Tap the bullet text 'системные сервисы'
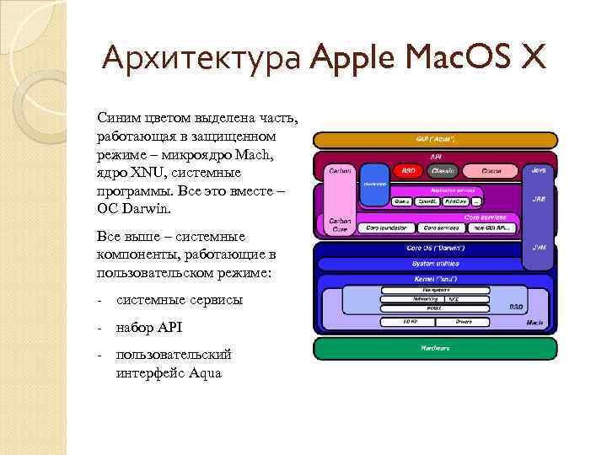(179, 300)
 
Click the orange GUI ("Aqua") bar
(435, 138)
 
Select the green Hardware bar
(435, 347)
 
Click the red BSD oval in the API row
(408, 170)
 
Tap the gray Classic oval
(443, 170)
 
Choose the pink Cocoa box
(492, 170)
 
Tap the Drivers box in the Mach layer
(464, 321)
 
